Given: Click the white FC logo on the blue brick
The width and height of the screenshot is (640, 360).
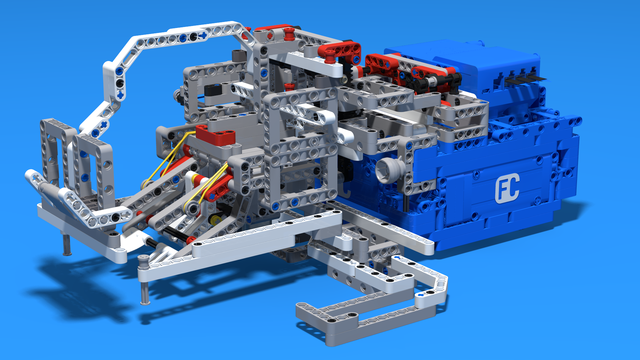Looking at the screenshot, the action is point(507,188).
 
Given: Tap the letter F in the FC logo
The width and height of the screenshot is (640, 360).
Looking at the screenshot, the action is point(500,190).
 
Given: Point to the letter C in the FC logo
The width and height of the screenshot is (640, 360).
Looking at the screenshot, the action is point(513,187).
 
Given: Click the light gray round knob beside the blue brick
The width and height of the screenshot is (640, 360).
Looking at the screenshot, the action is point(388,169).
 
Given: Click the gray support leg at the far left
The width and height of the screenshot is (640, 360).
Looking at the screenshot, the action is point(67,244).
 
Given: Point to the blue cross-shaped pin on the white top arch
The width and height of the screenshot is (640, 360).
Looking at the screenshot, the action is point(202,36).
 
